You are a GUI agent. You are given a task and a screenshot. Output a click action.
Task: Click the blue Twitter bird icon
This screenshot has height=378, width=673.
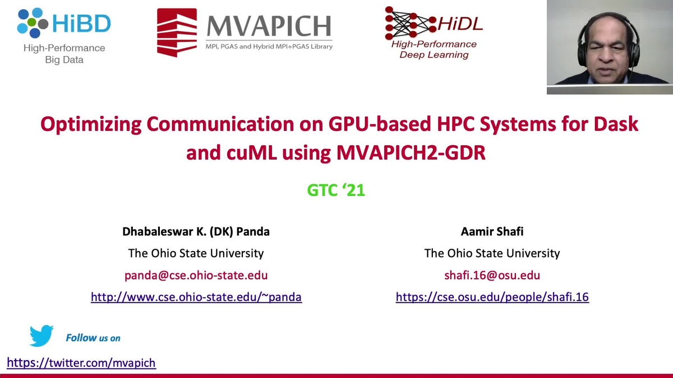click(41, 335)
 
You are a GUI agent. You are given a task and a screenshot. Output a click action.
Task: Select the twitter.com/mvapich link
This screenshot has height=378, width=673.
click(81, 363)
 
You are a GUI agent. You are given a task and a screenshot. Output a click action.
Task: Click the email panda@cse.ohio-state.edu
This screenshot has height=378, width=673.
click(196, 275)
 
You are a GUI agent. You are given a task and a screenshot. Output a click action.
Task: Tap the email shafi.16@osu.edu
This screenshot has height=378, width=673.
click(492, 275)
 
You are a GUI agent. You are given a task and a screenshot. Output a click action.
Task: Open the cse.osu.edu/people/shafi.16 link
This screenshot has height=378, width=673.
click(492, 297)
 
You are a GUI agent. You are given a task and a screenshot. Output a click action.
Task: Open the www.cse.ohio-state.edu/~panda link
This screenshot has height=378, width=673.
click(196, 297)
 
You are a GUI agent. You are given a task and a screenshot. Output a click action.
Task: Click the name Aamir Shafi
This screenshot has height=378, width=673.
click(492, 231)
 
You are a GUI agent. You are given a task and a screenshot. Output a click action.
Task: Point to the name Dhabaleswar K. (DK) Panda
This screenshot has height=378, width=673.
click(196, 231)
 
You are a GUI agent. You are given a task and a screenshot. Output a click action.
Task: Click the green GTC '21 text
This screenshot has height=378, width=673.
click(336, 190)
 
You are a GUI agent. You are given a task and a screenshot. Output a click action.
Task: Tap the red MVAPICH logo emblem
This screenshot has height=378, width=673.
click(177, 32)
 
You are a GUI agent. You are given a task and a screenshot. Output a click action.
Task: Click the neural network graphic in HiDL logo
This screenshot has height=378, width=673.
click(406, 22)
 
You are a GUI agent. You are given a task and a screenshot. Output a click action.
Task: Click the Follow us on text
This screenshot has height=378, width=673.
click(93, 338)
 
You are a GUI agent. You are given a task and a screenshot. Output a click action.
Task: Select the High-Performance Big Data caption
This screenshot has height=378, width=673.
click(64, 54)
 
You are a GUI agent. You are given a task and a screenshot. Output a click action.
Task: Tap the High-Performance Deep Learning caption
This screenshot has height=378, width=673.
click(434, 49)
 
